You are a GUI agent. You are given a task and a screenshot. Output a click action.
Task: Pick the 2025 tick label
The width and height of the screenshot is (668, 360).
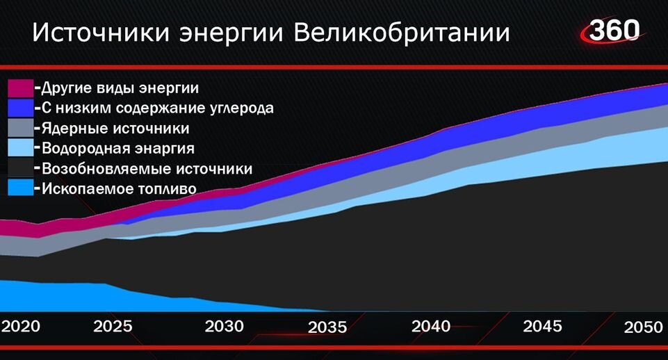(x=113, y=326)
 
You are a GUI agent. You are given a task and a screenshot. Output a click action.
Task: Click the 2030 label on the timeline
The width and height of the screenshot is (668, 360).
(x=225, y=326)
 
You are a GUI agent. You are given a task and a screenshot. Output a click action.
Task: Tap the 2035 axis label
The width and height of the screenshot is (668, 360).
(x=327, y=327)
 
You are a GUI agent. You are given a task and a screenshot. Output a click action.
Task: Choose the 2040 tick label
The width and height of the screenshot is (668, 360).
(x=430, y=326)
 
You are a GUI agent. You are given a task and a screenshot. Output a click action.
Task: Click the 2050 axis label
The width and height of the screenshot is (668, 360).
(x=642, y=328)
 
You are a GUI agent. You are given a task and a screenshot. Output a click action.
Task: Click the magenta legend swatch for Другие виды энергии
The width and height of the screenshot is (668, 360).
(x=20, y=88)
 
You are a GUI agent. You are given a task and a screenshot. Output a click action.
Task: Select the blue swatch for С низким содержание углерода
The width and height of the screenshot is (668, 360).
(x=20, y=108)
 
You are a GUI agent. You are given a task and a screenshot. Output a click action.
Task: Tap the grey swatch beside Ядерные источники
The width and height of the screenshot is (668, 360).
(x=20, y=128)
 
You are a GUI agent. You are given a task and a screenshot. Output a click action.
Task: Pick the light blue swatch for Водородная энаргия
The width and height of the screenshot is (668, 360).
(x=20, y=148)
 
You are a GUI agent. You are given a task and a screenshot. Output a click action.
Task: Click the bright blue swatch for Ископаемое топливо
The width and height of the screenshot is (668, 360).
(x=20, y=188)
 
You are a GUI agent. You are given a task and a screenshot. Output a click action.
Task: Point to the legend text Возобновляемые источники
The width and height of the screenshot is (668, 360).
(x=147, y=169)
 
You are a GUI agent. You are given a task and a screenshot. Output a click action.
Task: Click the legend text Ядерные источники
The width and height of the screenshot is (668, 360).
(x=115, y=129)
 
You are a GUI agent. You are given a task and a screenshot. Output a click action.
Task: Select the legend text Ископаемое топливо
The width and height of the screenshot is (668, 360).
(x=119, y=188)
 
